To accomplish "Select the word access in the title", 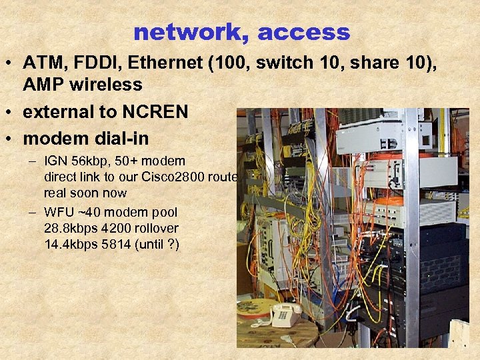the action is tap(303, 31).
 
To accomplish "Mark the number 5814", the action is tap(116, 244).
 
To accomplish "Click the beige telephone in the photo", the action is tap(286, 313).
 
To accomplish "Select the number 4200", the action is tap(116, 228).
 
